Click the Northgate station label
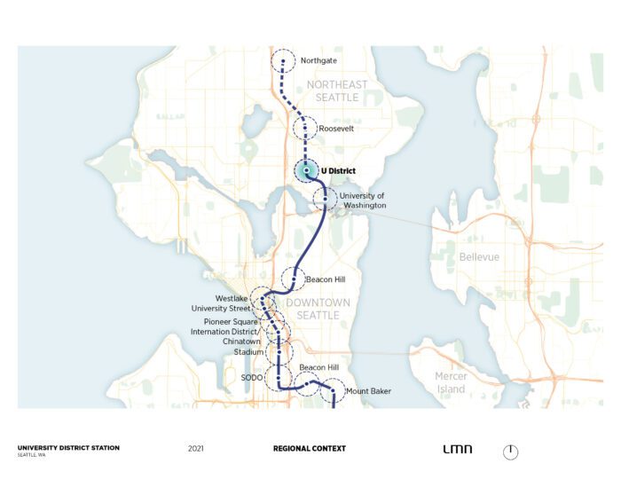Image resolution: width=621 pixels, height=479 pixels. coord(318,60)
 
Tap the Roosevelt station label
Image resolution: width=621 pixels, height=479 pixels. coord(336,129)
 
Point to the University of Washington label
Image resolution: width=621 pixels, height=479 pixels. coord(363,200)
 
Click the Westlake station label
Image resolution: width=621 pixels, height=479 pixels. coord(232,298)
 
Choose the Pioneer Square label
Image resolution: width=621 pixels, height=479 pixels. coord(229,320)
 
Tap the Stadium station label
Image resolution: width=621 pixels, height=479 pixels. coord(248,352)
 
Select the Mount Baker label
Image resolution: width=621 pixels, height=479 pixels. coord(368,390)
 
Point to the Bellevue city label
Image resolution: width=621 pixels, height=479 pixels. coord(479,257)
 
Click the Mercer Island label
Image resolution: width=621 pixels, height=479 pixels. coord(451,382)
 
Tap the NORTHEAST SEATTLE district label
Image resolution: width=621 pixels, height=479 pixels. coord(336,90)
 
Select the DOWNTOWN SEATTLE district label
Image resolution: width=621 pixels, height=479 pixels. coord(318,309)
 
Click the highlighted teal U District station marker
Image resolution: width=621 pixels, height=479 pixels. coord(306,170)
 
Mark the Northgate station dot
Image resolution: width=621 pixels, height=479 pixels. coord(284,61)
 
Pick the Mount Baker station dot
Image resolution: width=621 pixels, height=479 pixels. coord(333,389)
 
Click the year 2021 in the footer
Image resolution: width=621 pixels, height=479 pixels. coord(196,449)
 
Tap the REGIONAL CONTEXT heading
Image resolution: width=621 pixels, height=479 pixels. coord(310,449)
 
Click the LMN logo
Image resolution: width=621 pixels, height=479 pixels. coord(456,450)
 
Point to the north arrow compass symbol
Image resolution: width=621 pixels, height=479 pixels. coord(510,452)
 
